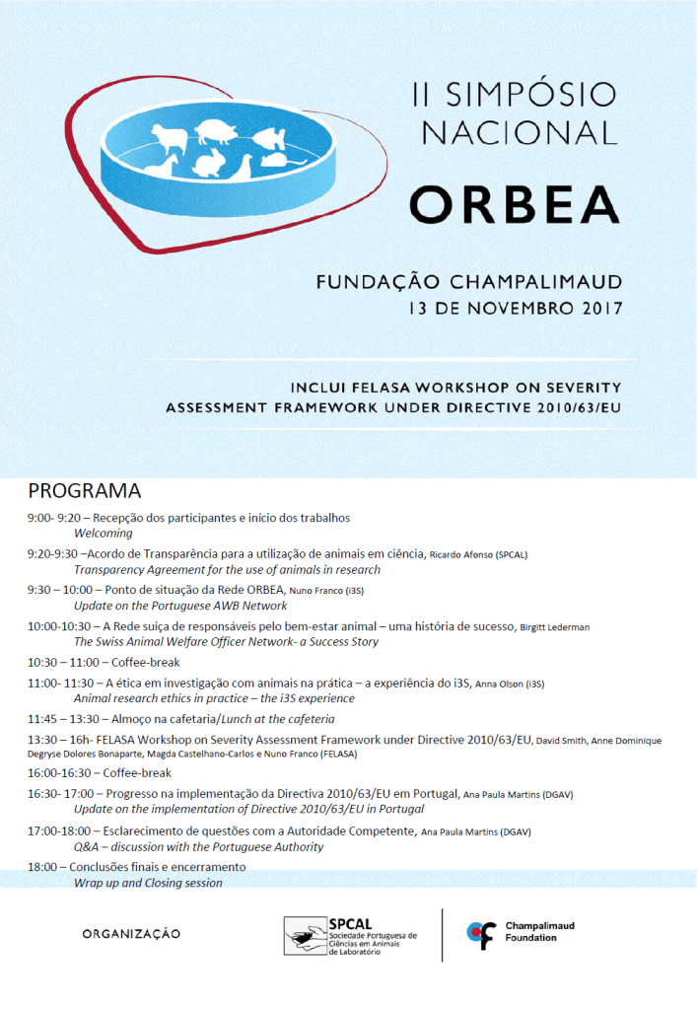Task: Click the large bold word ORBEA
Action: pyautogui.click(x=515, y=203)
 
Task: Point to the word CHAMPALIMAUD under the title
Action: pyautogui.click(x=538, y=282)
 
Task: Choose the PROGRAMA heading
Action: pyautogui.click(x=85, y=491)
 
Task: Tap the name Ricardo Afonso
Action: pyautogui.click(x=464, y=555)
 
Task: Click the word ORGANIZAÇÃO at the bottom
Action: pyautogui.click(x=132, y=933)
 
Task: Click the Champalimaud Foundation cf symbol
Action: pyautogui.click(x=481, y=933)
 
